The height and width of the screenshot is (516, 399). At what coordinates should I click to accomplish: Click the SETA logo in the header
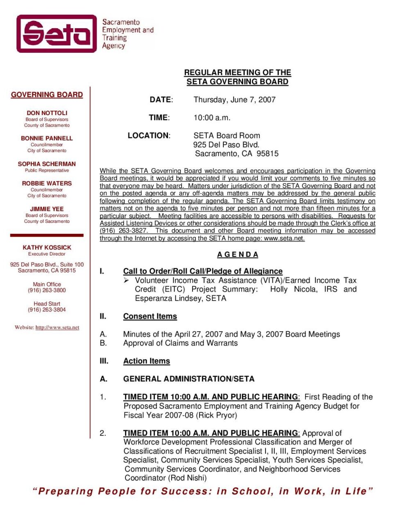[57, 34]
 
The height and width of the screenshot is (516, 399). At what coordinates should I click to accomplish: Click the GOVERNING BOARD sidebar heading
[47, 95]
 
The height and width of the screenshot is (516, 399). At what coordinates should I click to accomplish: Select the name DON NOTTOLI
[47, 113]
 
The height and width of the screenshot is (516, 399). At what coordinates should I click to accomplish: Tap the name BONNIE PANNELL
[47, 138]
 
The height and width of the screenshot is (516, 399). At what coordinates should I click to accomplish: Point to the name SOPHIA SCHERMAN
[47, 163]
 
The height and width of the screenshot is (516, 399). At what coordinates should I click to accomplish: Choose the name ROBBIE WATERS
[47, 183]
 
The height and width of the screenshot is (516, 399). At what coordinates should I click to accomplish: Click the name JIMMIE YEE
[47, 208]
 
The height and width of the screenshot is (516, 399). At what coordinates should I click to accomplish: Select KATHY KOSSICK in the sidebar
[47, 247]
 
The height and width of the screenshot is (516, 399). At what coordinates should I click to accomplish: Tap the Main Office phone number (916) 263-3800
[47, 290]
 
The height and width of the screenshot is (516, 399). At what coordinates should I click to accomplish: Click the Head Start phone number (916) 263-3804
[47, 310]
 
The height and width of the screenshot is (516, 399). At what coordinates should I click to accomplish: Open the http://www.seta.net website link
[57, 328]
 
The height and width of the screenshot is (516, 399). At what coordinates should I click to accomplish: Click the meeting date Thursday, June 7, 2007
[234, 100]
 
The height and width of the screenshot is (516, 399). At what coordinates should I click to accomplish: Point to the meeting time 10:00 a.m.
[212, 118]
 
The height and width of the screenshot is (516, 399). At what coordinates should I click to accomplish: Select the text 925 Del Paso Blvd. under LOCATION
[226, 145]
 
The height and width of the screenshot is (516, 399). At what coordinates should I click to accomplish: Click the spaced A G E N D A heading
[238, 254]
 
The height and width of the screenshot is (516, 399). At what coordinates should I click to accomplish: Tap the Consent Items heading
[150, 316]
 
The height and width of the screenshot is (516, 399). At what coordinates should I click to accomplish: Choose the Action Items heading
[146, 361]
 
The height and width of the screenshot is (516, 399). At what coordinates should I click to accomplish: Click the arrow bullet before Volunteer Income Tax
[127, 280]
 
